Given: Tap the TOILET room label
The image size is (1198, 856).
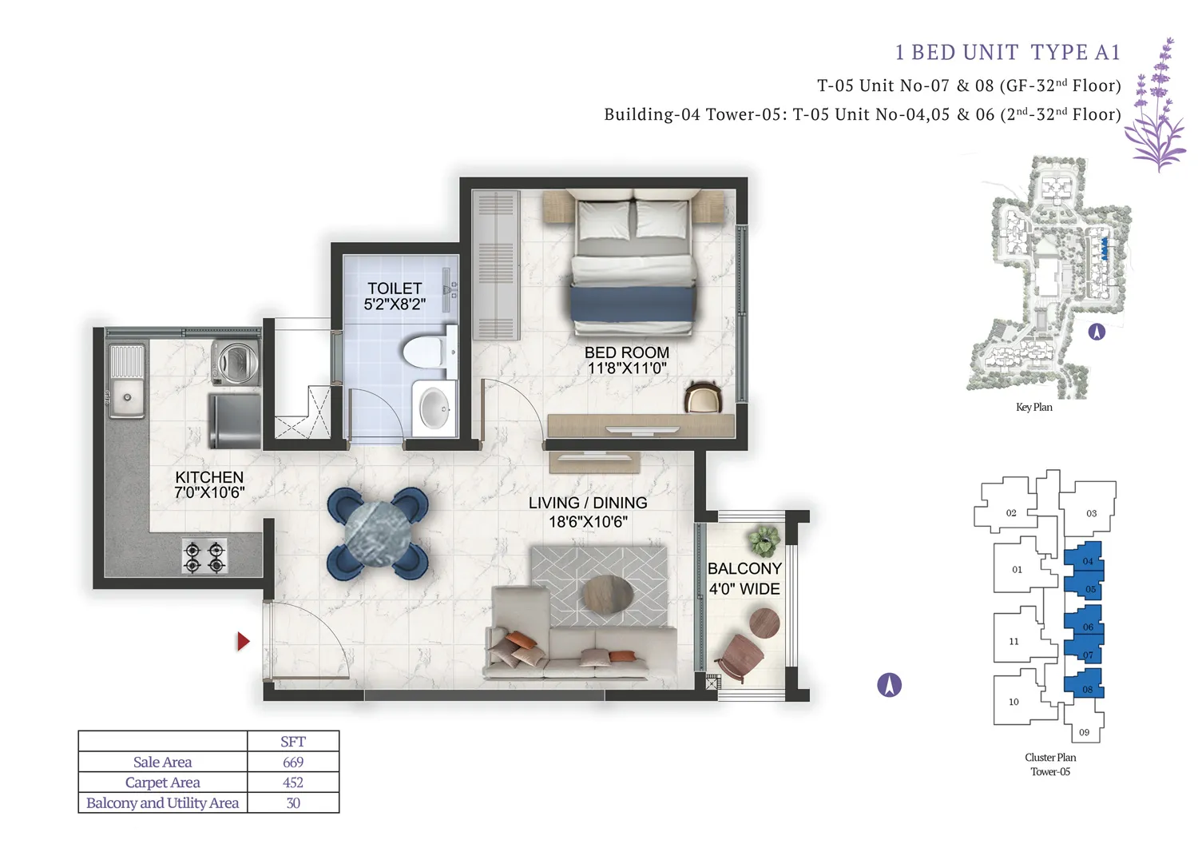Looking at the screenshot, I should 395,296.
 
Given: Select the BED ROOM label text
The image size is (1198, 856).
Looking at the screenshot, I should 627,360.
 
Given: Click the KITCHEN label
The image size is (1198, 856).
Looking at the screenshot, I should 209,484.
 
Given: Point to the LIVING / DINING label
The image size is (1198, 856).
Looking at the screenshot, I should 588,512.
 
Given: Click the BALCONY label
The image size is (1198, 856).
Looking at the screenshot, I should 744,578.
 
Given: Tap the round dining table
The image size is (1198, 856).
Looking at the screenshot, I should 378,534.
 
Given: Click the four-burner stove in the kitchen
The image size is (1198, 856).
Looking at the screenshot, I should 204,557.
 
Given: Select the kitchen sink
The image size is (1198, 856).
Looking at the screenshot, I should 127,396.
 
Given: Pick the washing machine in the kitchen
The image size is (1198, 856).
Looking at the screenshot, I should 234,361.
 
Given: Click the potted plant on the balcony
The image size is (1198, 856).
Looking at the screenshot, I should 765,541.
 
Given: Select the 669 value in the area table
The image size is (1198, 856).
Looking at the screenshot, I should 293,762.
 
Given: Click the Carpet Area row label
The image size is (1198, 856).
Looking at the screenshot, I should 163,782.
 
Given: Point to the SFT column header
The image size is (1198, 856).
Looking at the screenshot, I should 293,742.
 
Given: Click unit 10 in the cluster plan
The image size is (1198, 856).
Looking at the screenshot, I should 1014,702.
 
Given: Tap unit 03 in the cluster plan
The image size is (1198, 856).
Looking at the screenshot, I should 1091,513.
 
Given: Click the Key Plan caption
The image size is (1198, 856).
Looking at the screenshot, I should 1033,408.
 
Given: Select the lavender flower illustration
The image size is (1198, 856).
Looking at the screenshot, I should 1156,108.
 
